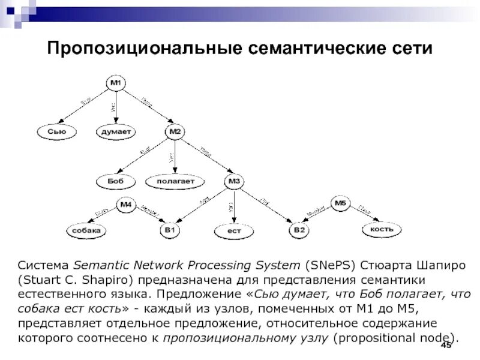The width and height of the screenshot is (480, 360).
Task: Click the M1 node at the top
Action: click(115, 83)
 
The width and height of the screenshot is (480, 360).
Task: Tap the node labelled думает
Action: click(115, 131)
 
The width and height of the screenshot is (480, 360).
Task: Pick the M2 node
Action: click(175, 131)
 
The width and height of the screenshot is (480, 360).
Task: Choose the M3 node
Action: click(233, 181)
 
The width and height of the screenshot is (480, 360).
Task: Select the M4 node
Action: click(126, 205)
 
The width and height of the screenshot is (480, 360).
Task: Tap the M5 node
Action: click(340, 204)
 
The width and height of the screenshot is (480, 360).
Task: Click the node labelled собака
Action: click(86, 230)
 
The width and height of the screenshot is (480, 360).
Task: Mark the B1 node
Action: click(169, 230)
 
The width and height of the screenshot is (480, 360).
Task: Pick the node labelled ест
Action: click(233, 230)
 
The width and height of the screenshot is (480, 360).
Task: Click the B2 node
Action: click(299, 230)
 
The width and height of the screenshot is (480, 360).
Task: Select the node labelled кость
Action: click(382, 229)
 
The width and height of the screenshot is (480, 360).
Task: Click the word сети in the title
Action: click(412, 48)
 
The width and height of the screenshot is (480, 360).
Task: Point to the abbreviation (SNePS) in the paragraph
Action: click(327, 265)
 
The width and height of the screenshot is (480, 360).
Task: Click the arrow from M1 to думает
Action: click(115, 107)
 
